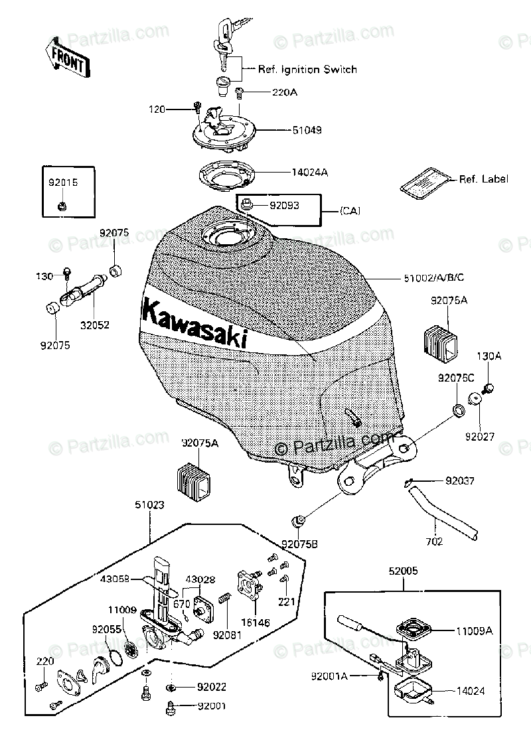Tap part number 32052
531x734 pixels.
pos(96,325)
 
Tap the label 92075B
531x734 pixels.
pos(299,545)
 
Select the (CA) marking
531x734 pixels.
pos(350,210)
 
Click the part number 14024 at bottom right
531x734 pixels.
pos(470,691)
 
